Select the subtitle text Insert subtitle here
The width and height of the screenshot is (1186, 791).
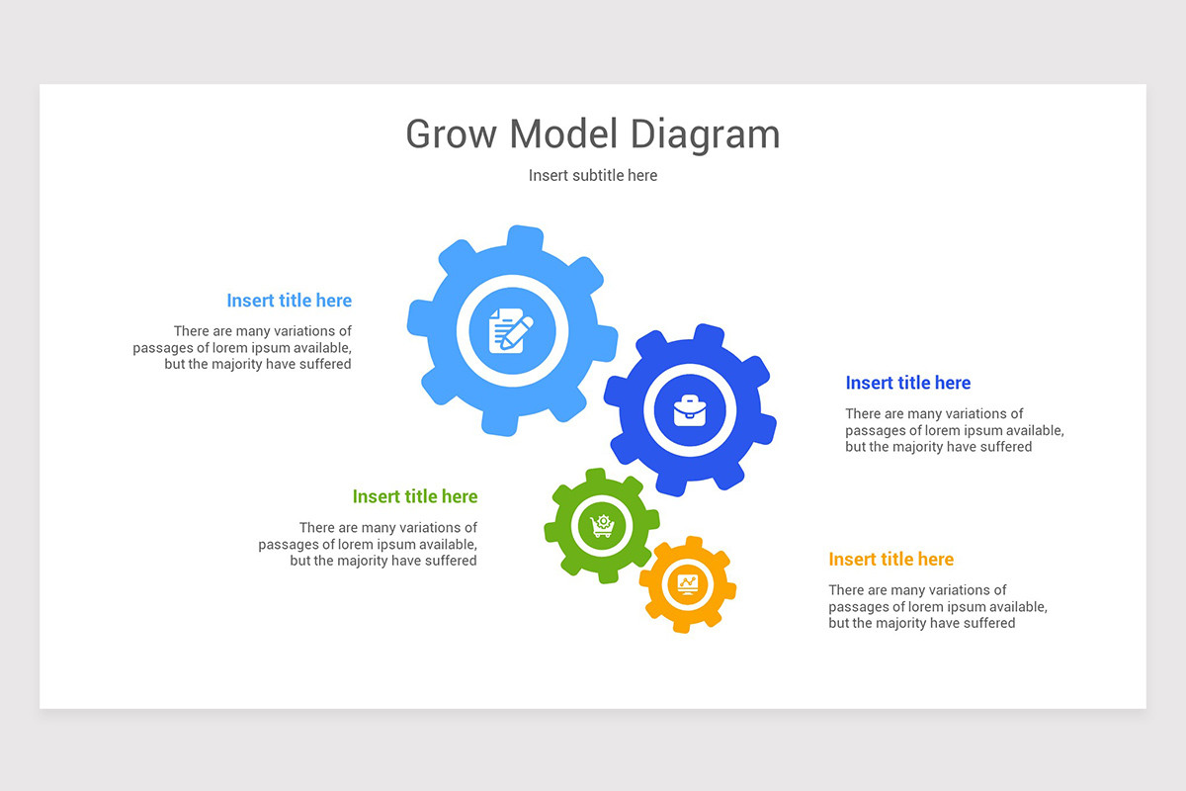[593, 175]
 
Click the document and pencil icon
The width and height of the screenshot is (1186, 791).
[511, 329]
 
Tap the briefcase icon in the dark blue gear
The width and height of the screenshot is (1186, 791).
[690, 409]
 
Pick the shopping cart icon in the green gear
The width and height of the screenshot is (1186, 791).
[602, 525]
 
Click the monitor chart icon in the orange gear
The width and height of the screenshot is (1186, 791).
[687, 583]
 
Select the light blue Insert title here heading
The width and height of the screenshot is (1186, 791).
[289, 301]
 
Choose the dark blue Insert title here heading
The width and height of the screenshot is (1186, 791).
[907, 383]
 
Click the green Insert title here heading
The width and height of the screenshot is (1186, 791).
[414, 496]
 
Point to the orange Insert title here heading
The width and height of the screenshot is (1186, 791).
[890, 559]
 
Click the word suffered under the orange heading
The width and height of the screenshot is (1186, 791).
[985, 623]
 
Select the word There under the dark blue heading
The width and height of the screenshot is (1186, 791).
[864, 414]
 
